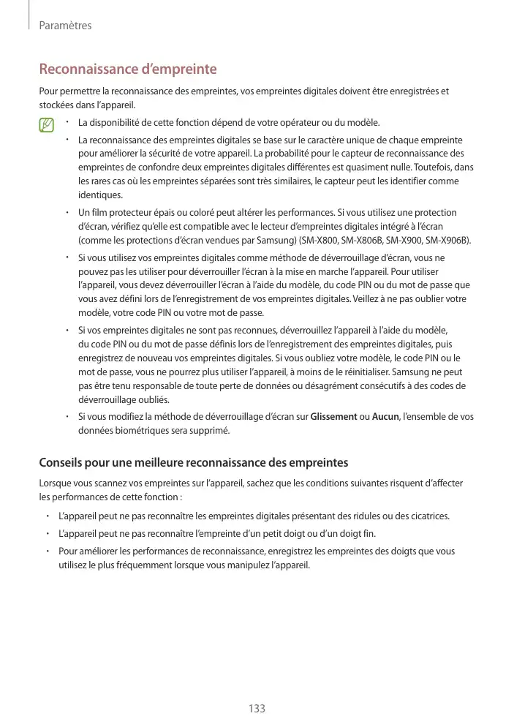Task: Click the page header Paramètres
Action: click(x=64, y=26)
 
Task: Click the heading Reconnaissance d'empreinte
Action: click(x=127, y=69)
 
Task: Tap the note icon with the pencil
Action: click(x=48, y=125)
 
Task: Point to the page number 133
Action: click(x=257, y=708)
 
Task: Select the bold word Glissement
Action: click(x=334, y=416)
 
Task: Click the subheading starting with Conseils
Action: click(x=193, y=462)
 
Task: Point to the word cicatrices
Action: click(x=427, y=516)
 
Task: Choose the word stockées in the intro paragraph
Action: click(x=56, y=105)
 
